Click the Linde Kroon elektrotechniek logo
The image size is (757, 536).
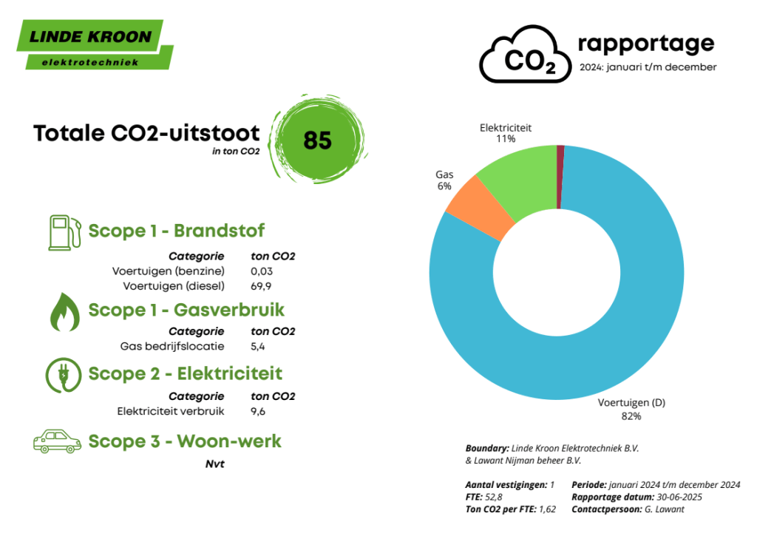tap(95, 44)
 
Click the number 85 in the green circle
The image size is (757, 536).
tap(317, 140)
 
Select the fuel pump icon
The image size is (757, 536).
tap(65, 233)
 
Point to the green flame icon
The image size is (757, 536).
tap(65, 312)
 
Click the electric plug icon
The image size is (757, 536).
tap(64, 376)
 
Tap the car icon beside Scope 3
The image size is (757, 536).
tap(57, 441)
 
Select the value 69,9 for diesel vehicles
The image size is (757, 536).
tap(261, 286)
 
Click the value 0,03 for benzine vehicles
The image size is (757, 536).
tap(262, 271)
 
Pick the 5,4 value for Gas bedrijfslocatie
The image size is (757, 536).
tap(258, 347)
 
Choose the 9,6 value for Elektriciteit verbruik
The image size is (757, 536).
tap(258, 411)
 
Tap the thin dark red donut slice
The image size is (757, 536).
tap(560, 177)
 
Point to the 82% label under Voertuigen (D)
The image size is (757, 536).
tap(631, 416)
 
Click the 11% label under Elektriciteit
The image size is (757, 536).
tap(506, 139)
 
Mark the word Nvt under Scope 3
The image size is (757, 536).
tap(215, 464)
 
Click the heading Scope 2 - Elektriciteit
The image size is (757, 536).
tap(186, 374)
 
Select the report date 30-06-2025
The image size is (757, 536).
tap(679, 498)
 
